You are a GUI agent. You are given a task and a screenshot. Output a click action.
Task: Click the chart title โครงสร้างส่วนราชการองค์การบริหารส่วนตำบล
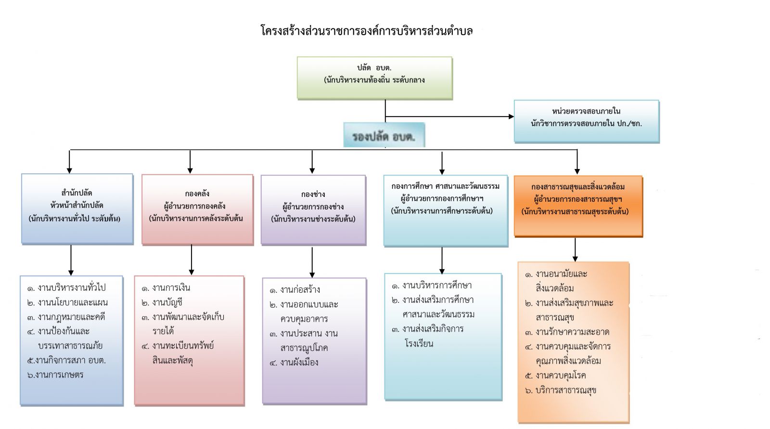[366, 31]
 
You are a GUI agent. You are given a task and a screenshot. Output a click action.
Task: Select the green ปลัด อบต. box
[374, 78]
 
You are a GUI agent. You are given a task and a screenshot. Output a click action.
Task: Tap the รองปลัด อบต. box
[384, 136]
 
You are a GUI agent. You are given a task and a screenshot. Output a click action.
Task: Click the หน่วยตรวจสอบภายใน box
[586, 121]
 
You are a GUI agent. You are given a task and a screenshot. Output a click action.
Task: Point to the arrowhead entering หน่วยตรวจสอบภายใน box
[511, 116]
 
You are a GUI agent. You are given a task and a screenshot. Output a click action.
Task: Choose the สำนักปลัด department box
[77, 208]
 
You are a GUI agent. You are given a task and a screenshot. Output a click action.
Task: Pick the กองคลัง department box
[197, 209]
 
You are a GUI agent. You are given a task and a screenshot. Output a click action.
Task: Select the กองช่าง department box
[313, 209]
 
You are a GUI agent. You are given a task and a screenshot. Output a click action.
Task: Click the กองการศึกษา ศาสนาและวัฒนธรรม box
[445, 210]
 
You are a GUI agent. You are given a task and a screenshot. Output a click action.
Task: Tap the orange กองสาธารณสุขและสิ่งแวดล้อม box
[578, 206]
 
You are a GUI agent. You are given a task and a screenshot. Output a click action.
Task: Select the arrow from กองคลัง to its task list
[192, 260]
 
